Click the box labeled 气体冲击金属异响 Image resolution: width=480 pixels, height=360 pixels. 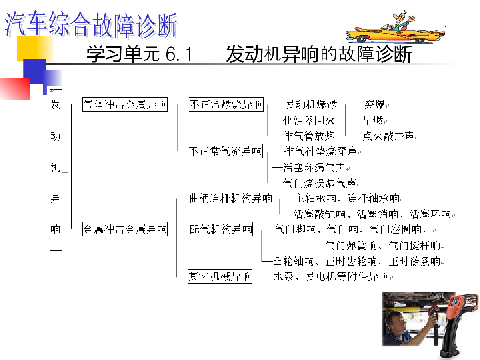coord(125,104)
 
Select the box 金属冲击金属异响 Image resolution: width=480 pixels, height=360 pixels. coord(125,229)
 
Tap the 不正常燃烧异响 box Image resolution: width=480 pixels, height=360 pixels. coord(226,104)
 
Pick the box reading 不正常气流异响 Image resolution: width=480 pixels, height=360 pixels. coord(225,151)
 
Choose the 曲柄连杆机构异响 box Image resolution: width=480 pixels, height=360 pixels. coord(230,198)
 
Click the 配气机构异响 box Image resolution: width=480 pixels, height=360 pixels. coord(221,229)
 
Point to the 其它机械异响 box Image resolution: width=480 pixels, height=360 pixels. coord(220,276)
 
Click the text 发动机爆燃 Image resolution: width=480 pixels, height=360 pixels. coord(311,104)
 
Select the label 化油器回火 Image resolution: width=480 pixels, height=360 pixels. coord(309,120)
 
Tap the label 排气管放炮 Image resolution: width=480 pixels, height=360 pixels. coord(309,136)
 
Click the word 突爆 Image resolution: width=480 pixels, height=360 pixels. coord(374,104)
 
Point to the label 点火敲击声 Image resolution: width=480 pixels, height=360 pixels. coord(388,136)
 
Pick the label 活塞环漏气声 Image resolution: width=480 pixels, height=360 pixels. coord(314,168)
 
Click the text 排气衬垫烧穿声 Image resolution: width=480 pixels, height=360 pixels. coord(320,151)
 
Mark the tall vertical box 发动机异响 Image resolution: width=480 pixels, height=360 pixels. coord(56,170)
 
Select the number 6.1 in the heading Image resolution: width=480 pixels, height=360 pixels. coord(179,54)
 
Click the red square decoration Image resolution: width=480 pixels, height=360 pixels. coord(15,89)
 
